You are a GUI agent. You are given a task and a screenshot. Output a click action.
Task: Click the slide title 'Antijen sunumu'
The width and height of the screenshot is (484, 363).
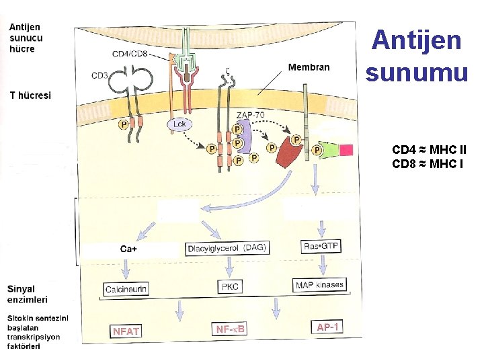[x=417, y=55]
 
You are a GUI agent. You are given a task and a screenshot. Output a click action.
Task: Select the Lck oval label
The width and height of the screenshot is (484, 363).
[x=179, y=124]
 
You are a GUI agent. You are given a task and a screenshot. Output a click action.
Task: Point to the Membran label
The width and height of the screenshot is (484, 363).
[x=309, y=67]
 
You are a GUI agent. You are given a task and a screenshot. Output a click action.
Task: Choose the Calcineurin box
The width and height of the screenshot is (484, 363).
[x=126, y=289]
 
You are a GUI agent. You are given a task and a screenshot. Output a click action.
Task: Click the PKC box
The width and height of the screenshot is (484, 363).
[x=229, y=286]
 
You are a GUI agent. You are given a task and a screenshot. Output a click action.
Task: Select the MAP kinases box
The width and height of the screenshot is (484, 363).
[x=319, y=285]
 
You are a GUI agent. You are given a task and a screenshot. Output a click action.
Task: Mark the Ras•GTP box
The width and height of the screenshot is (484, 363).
[x=321, y=246]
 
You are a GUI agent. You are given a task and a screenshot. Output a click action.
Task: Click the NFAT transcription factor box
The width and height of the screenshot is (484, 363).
[x=126, y=331]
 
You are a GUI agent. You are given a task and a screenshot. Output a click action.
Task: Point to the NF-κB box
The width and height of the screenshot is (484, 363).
[x=231, y=329]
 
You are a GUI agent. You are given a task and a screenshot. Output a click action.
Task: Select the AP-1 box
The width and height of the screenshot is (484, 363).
[x=328, y=327]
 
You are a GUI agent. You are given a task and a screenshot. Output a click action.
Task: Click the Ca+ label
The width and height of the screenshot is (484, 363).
[x=129, y=249]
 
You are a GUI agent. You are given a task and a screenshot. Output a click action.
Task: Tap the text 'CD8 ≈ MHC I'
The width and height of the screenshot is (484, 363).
[x=428, y=163]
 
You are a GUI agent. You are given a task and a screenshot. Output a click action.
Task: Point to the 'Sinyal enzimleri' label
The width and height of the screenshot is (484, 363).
[x=28, y=294]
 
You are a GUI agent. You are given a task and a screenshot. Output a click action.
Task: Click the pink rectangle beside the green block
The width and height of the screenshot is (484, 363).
[x=346, y=150]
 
